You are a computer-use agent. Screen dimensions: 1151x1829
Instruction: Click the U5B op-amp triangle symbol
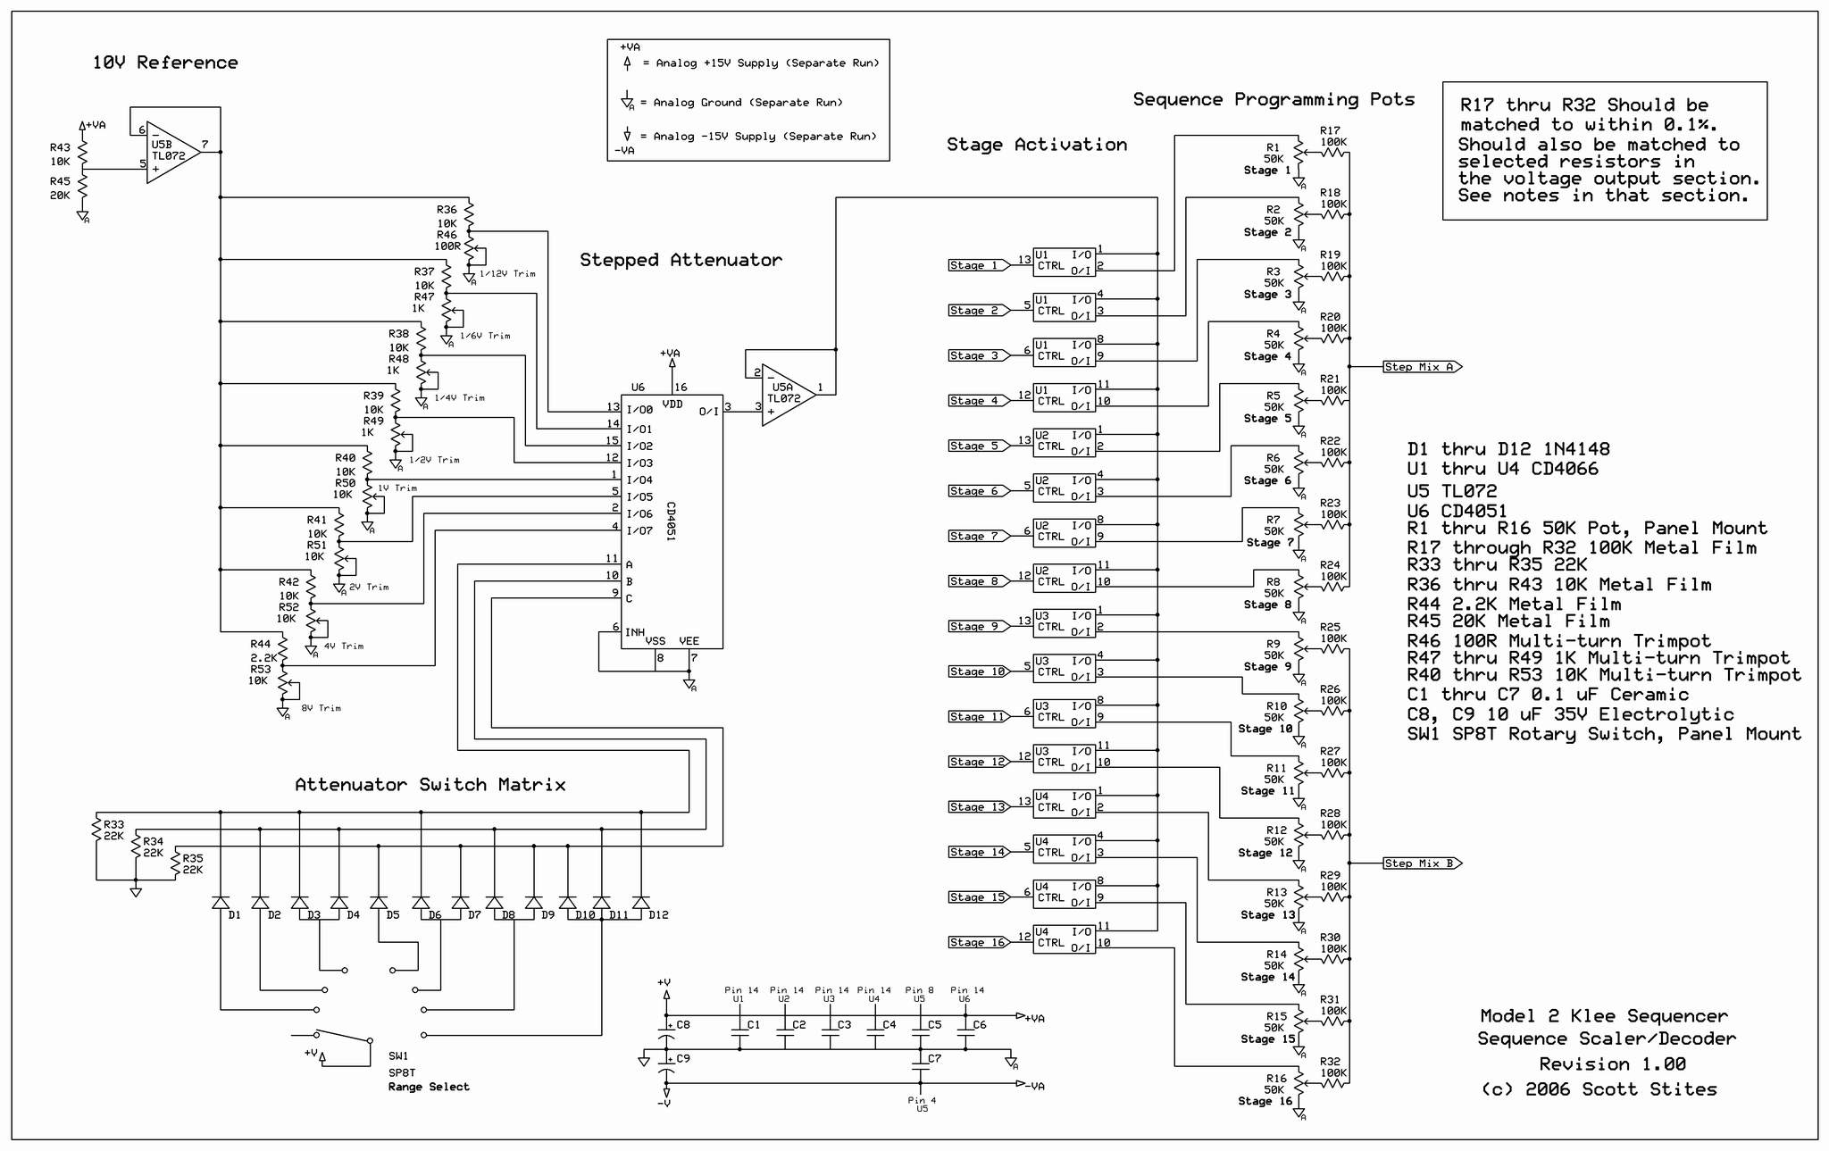click(x=171, y=153)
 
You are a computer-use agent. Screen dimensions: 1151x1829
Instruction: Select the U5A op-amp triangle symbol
click(x=787, y=396)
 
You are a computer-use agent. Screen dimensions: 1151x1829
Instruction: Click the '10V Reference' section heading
click(x=165, y=63)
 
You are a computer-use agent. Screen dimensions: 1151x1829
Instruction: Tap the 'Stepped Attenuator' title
click(x=681, y=260)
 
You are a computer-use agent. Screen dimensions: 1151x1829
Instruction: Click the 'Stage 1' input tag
click(x=977, y=265)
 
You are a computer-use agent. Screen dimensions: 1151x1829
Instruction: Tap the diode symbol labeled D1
click(x=221, y=903)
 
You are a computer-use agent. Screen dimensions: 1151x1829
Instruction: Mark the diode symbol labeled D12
click(x=640, y=903)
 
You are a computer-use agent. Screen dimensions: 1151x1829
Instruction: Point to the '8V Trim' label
click(x=321, y=708)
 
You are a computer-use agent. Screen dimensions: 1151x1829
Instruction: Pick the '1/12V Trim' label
click(x=507, y=274)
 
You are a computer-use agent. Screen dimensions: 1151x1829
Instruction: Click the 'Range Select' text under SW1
click(x=429, y=1087)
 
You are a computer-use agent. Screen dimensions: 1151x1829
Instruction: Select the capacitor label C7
click(x=934, y=1058)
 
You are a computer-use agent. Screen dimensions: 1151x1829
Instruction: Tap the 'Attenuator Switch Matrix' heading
click(x=430, y=785)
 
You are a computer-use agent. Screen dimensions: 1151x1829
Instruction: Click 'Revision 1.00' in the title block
click(x=1612, y=1064)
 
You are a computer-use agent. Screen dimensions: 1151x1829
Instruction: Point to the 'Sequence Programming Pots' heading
click(x=1274, y=99)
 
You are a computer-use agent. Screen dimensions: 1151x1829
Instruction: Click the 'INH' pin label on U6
click(x=635, y=632)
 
